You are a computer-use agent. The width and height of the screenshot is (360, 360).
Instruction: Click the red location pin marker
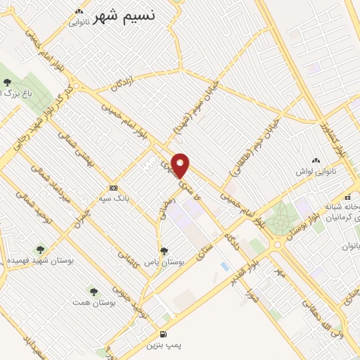point(181,165)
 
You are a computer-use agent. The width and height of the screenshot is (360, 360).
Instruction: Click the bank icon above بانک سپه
point(113,188)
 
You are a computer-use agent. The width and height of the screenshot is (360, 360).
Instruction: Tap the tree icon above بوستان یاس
point(164,250)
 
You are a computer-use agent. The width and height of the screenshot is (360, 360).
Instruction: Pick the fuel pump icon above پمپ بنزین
point(163,335)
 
